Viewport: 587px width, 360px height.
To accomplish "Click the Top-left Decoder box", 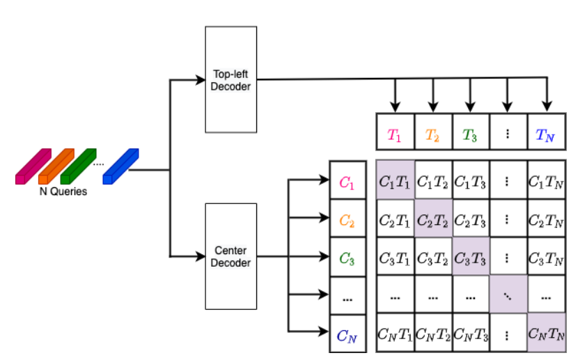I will point(230,79).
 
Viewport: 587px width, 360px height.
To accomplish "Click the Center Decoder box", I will point(230,256).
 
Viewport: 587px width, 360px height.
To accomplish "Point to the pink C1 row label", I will point(347,182).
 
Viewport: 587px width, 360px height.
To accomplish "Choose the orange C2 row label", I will point(347,220).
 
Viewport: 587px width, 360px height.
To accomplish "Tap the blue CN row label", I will point(347,335).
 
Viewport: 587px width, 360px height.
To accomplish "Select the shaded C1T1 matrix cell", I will point(395,180).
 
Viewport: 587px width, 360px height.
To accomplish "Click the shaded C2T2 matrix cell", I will point(432,219).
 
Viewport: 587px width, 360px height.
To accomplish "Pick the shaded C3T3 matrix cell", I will point(470,256).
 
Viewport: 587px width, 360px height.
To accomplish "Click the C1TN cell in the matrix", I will point(545,180).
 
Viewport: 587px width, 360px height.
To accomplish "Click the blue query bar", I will point(120,168).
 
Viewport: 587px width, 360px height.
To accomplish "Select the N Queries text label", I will point(63,191).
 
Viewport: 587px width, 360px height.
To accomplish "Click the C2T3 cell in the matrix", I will point(470,219).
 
